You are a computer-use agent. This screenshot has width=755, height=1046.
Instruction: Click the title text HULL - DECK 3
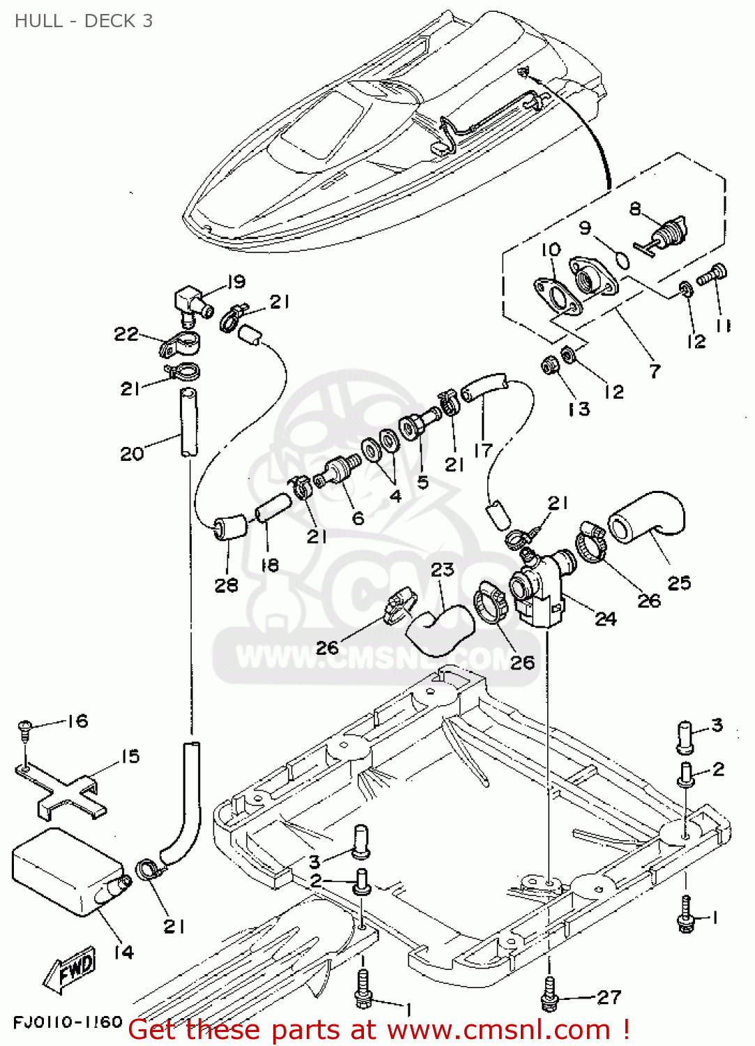(x=84, y=21)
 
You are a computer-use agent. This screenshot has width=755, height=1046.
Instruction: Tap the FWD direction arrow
(x=70, y=970)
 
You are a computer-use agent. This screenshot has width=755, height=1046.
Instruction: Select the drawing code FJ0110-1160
(x=68, y=1022)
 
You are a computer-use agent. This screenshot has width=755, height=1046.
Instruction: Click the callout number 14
(x=123, y=952)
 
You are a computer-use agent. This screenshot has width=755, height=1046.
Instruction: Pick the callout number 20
(x=132, y=454)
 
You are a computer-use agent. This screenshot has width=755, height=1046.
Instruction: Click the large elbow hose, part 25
(x=648, y=520)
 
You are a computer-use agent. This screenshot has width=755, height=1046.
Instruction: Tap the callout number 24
(x=605, y=618)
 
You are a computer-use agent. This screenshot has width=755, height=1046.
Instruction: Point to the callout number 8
(x=635, y=209)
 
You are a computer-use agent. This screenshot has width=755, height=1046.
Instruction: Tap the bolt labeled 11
(x=712, y=274)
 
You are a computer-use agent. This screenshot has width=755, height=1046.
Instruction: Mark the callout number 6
(x=358, y=517)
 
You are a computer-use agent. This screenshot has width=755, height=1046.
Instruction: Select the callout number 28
(x=227, y=585)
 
